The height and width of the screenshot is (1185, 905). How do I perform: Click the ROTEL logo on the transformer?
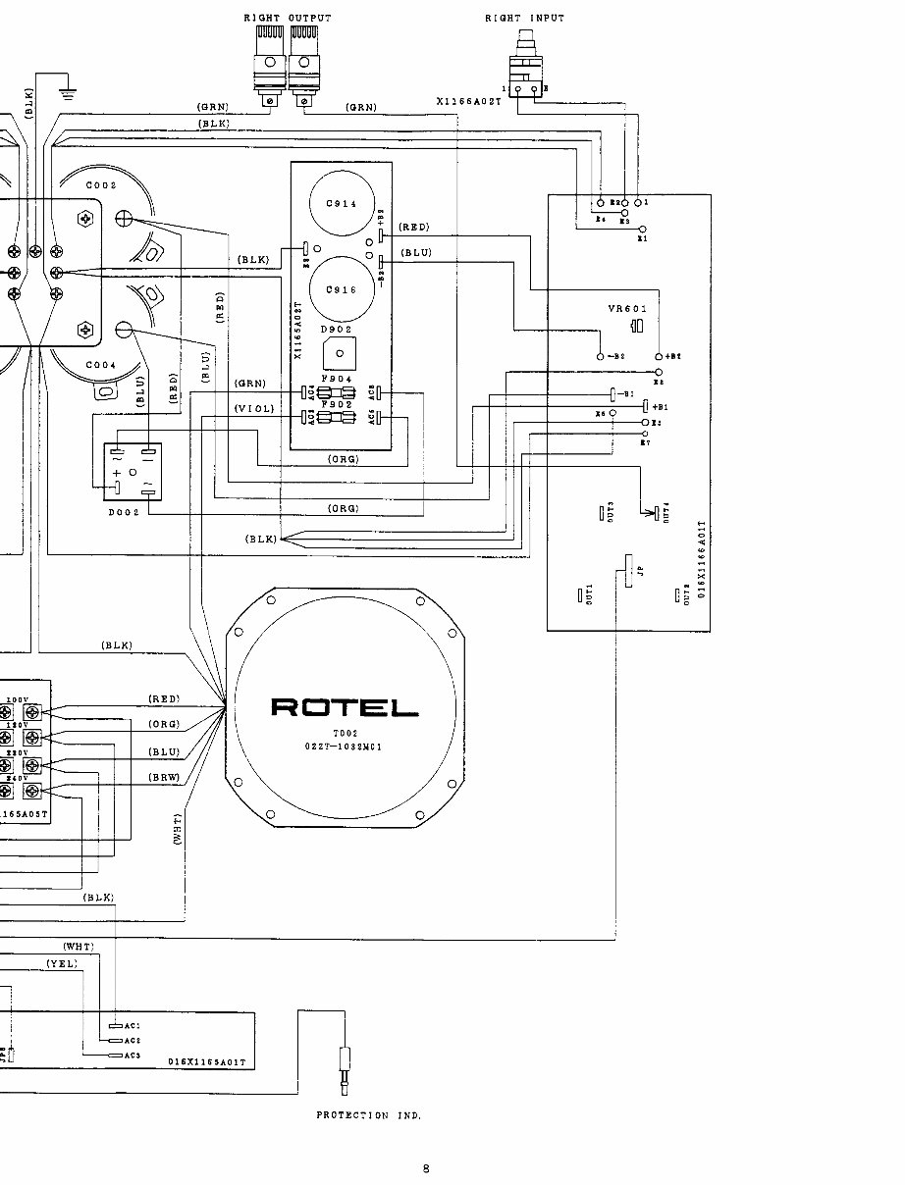[344, 706]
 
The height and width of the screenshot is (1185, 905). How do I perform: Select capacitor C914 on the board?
[341, 203]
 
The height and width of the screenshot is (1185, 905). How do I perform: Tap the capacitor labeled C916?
[341, 289]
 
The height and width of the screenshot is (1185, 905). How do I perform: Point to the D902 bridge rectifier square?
[340, 354]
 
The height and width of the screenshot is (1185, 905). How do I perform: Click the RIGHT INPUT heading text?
[524, 18]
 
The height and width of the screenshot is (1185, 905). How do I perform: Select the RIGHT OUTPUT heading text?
[287, 18]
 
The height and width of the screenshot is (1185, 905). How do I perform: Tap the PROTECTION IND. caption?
[369, 1115]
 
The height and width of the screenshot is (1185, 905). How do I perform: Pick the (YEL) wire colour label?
[61, 964]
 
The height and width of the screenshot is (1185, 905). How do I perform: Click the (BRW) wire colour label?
[164, 776]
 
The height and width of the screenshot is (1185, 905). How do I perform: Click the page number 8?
[426, 1167]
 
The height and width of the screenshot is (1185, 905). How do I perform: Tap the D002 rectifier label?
[124, 512]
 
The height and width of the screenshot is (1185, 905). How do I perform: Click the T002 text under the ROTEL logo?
[342, 734]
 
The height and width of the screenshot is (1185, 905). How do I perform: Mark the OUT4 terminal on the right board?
[657, 511]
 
